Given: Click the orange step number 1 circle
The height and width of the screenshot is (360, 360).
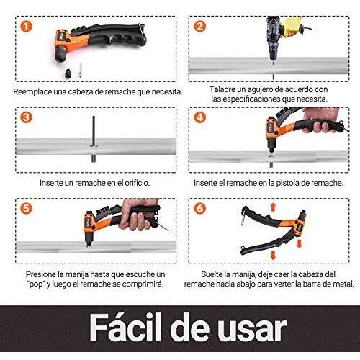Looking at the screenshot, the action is point(26,27).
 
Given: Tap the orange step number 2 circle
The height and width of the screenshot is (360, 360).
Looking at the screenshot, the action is point(200,27).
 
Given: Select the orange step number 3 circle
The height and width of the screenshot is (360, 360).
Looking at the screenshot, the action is point(26,117).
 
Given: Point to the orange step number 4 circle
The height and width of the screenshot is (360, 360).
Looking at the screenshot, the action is point(200,117).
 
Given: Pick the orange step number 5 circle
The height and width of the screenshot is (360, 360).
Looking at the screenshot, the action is point(26,208).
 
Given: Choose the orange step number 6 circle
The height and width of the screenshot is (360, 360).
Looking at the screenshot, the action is point(200,208).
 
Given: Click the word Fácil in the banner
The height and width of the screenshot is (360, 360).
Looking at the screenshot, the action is point(125,328).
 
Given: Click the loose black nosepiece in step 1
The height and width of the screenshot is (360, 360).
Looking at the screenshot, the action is point(68,73).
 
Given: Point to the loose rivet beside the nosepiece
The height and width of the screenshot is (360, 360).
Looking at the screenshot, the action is point(80,70).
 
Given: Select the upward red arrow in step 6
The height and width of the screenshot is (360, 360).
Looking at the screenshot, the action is point(273,207).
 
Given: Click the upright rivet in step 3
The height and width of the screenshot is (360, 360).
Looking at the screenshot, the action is point(94,139).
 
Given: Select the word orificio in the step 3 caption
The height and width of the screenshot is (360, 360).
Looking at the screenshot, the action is point(137,183).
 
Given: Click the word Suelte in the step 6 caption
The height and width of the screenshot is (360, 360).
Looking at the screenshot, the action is point(212,274).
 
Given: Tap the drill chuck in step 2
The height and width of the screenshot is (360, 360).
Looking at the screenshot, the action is point(273,53).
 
